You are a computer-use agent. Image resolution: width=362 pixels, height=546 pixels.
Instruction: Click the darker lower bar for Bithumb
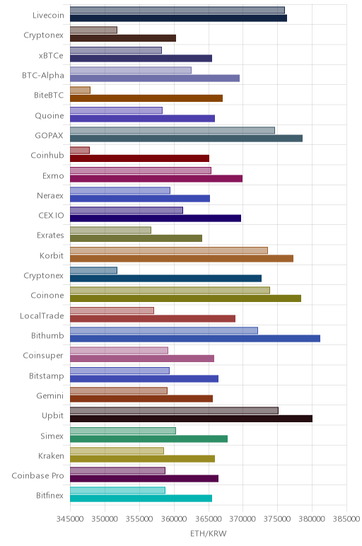pyautogui.click(x=195, y=339)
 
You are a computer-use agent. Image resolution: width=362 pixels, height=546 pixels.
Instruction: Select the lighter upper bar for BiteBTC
pyautogui.click(x=80, y=91)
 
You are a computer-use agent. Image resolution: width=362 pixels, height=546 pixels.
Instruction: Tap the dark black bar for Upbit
pyautogui.click(x=191, y=419)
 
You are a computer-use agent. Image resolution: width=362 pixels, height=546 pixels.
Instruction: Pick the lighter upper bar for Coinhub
pyautogui.click(x=80, y=150)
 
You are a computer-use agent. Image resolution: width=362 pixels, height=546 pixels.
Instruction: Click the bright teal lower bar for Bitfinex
pyautogui.click(x=141, y=499)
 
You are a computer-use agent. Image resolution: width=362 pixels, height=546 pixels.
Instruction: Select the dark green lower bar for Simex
pyautogui.click(x=148, y=438)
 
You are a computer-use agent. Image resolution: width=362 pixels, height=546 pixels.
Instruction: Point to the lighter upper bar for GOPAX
pyautogui.click(x=173, y=130)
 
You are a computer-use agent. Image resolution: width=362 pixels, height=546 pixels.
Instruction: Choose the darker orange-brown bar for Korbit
pyautogui.click(x=182, y=258)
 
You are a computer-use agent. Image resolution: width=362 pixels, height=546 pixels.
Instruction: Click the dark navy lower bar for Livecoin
pyautogui.click(x=179, y=18)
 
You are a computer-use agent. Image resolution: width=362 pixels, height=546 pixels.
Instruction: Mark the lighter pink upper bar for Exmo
pyautogui.click(x=141, y=170)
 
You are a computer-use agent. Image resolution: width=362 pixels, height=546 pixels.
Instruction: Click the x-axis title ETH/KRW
pyautogui.click(x=208, y=533)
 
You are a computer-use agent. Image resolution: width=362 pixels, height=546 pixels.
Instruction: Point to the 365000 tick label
pyautogui.click(x=209, y=519)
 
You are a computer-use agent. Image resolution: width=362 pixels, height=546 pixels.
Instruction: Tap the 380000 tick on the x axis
pyautogui.click(x=313, y=519)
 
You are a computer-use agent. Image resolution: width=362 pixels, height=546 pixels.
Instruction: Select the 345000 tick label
pyautogui.click(x=70, y=519)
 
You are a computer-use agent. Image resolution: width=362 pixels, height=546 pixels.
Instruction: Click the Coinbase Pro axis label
pyautogui.click(x=38, y=476)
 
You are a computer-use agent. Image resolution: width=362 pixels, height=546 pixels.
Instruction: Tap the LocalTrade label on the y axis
pyautogui.click(x=42, y=316)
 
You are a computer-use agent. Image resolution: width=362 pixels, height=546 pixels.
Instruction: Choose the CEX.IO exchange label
pyautogui.click(x=52, y=216)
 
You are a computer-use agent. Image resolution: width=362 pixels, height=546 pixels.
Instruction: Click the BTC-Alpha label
pyautogui.click(x=43, y=76)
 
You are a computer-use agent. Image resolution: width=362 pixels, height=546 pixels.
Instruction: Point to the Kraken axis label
pyautogui.click(x=51, y=455)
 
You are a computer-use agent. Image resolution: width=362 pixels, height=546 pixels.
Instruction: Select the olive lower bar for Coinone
pyautogui.click(x=185, y=298)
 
